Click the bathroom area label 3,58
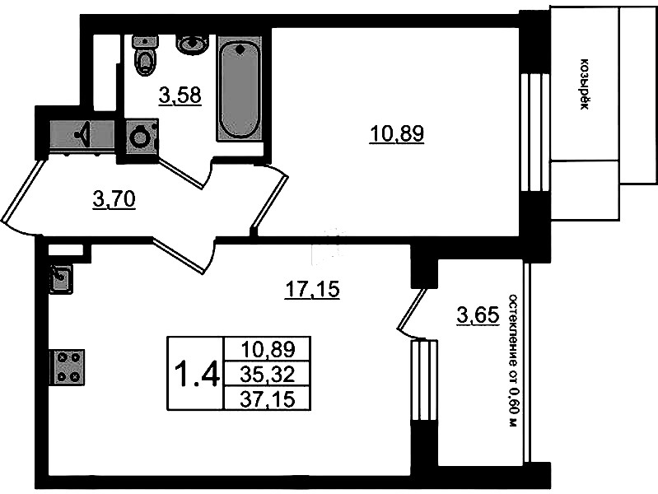(x=180, y=96)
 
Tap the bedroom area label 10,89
(x=397, y=134)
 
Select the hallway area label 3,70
(x=114, y=199)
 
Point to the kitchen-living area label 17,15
(x=312, y=289)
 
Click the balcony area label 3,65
(x=478, y=315)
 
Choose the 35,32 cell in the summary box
(x=268, y=375)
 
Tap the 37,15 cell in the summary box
(x=268, y=398)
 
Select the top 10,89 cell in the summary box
(x=268, y=349)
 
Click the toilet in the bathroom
(x=145, y=55)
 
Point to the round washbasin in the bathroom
(x=192, y=44)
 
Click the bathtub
(x=239, y=89)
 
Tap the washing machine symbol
(x=140, y=137)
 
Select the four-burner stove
(x=68, y=368)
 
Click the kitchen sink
(x=61, y=278)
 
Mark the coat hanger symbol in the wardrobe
(x=82, y=134)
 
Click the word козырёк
(x=583, y=84)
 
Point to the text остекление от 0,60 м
(x=513, y=361)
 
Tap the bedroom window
(x=534, y=133)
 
